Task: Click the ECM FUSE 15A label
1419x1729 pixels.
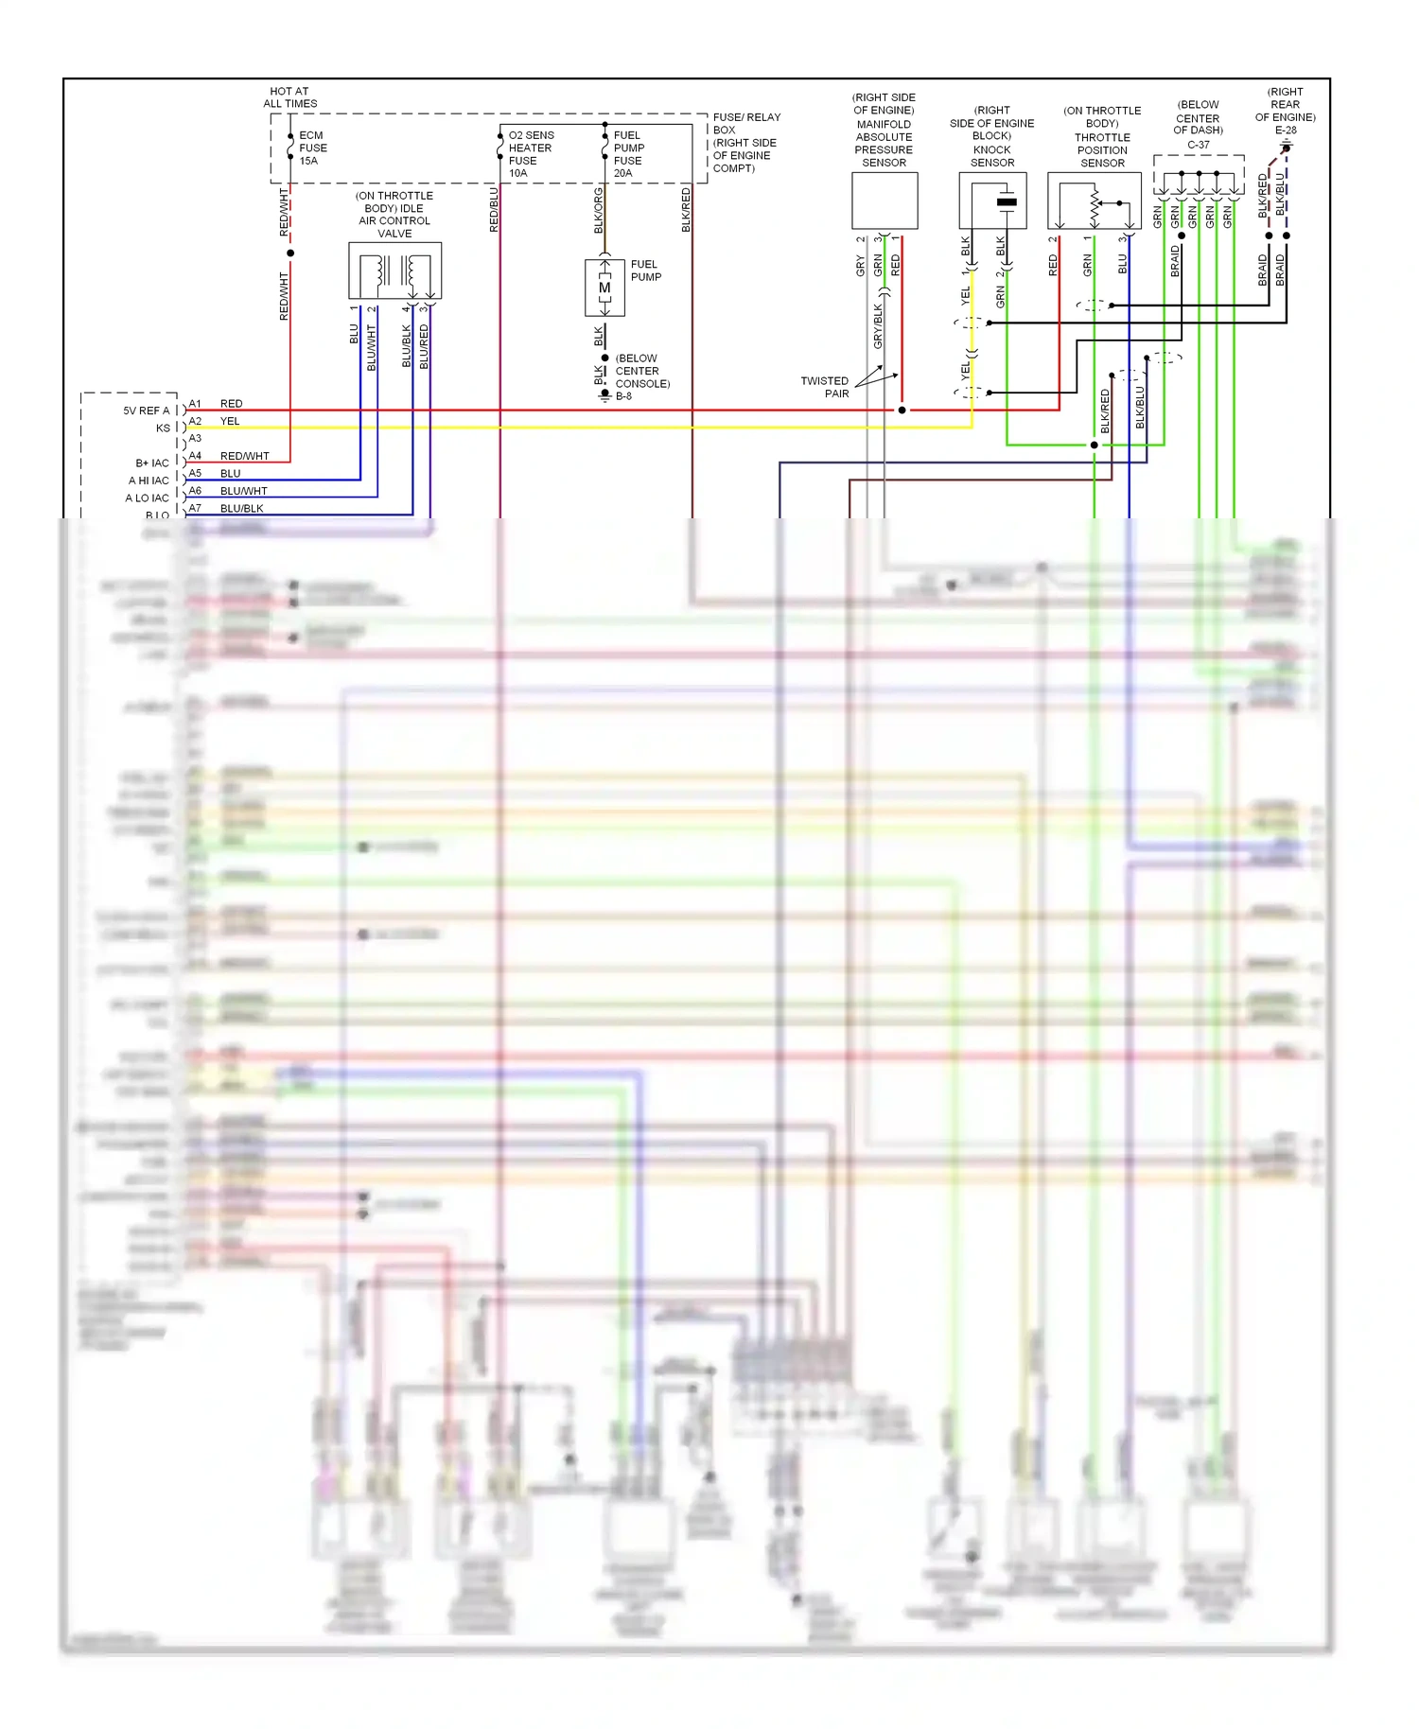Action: coord(312,148)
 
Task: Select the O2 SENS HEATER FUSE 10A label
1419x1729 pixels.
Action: coord(530,154)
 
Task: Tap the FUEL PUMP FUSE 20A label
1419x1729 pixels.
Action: coord(628,154)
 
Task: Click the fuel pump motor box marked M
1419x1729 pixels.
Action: coord(604,287)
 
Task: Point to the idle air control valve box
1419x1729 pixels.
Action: coord(394,271)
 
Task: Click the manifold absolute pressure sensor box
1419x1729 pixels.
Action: coord(885,201)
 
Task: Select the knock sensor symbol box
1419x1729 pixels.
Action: coord(992,201)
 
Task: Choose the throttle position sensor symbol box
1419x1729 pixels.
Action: coord(1094,201)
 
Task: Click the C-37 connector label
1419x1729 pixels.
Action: coord(1198,145)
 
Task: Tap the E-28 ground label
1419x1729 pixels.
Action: coord(1285,131)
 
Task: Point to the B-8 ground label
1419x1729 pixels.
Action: coord(623,396)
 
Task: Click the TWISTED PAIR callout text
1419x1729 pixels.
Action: coord(825,387)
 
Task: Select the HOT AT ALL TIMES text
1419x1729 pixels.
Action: coord(289,97)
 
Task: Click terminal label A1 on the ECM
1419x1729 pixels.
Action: coord(195,404)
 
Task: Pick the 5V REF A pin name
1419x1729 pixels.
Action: coord(146,410)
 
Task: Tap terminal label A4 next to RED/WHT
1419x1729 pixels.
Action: coord(195,456)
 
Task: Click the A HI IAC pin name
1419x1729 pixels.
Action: coord(149,480)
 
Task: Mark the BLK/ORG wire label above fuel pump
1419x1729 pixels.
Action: coord(599,211)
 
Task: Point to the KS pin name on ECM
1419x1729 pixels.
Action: coord(163,428)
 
